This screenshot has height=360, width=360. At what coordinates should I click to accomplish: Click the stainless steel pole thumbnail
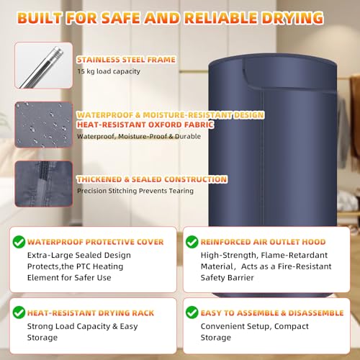coord(44,66)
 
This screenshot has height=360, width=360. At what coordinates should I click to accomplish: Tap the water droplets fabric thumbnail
coord(44,125)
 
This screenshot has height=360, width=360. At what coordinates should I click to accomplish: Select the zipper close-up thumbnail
coord(44,184)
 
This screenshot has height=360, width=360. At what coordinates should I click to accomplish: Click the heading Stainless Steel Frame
coord(126,60)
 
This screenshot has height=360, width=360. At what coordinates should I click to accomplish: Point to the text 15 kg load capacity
coord(109,71)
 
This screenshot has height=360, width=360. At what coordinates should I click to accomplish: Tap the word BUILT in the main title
coord(40,18)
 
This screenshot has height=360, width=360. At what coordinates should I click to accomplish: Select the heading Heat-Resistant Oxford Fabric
coord(145,125)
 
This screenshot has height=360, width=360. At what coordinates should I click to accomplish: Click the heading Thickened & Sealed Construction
coord(152,179)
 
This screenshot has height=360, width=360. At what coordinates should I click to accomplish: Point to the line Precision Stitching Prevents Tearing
coord(135,191)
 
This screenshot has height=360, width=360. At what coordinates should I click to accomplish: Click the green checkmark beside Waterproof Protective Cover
coord(19,242)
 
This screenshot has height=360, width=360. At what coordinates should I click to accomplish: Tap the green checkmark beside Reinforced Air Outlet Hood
coord(192,242)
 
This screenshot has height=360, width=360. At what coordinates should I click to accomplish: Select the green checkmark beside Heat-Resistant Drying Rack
coord(19,312)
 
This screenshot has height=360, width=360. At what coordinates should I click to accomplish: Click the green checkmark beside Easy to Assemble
coord(192,312)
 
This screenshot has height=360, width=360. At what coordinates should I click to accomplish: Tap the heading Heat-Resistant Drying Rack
coord(91,313)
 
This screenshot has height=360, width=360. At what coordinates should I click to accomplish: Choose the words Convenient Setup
coord(236,326)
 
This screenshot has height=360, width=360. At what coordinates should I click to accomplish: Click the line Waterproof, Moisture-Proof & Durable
coord(139,136)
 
